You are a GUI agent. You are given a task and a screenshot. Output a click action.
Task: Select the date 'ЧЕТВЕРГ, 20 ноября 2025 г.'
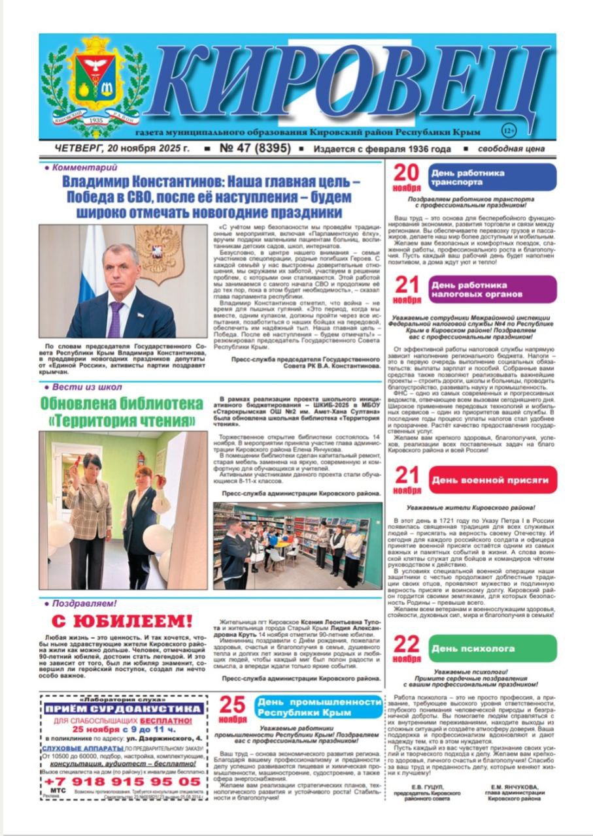[114, 149]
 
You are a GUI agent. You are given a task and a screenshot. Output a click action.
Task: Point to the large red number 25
[232, 705]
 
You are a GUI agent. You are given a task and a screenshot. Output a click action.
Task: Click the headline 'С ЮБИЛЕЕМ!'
[118, 620]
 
